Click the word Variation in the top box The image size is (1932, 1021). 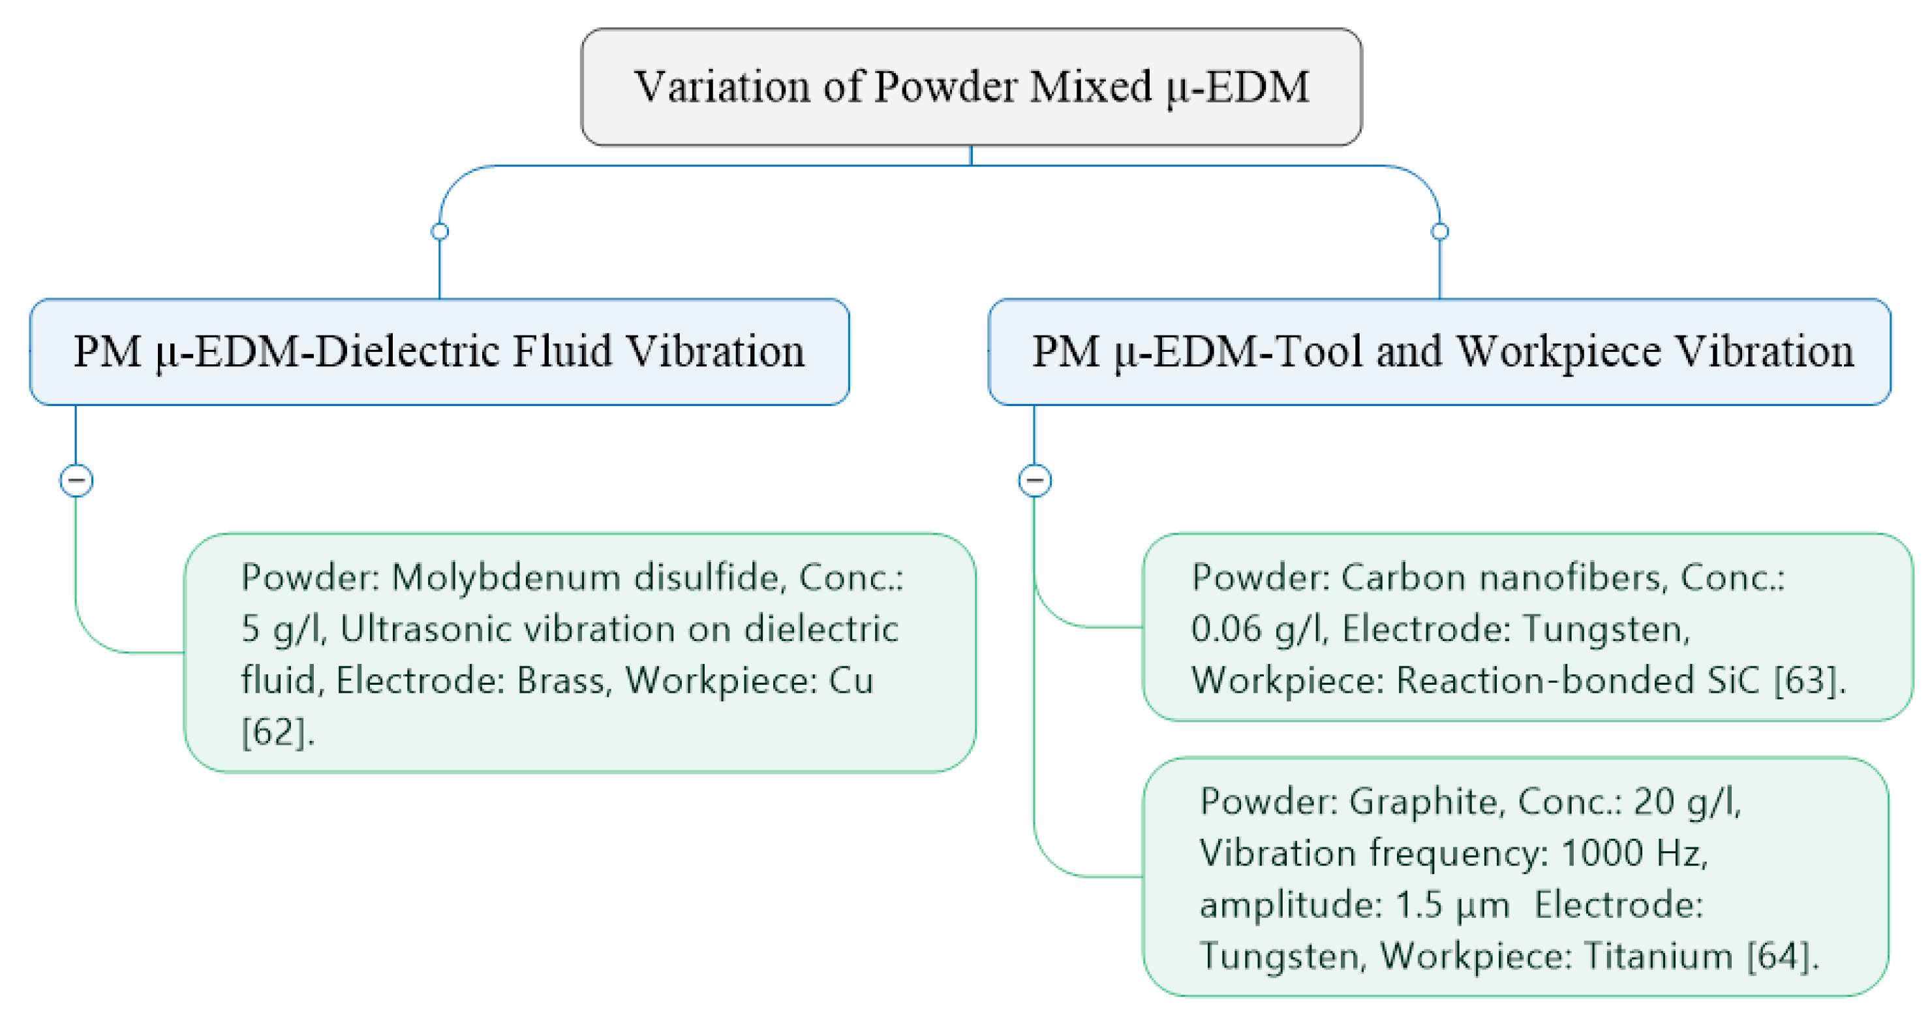pyautogui.click(x=722, y=86)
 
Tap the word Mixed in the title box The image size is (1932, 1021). pyautogui.click(x=1090, y=86)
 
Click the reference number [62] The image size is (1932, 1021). pyautogui.click(x=275, y=731)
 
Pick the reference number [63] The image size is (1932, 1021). pyautogui.click(x=1807, y=680)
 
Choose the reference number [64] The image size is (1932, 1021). pyautogui.click(x=1781, y=956)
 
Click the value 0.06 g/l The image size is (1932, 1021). pyautogui.click(x=1258, y=629)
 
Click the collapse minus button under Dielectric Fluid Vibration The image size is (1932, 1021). pyautogui.click(x=76, y=480)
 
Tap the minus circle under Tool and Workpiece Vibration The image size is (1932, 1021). pyautogui.click(x=1034, y=480)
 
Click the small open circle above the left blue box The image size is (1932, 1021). pyautogui.click(x=440, y=231)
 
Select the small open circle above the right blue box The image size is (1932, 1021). pyautogui.click(x=1439, y=231)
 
